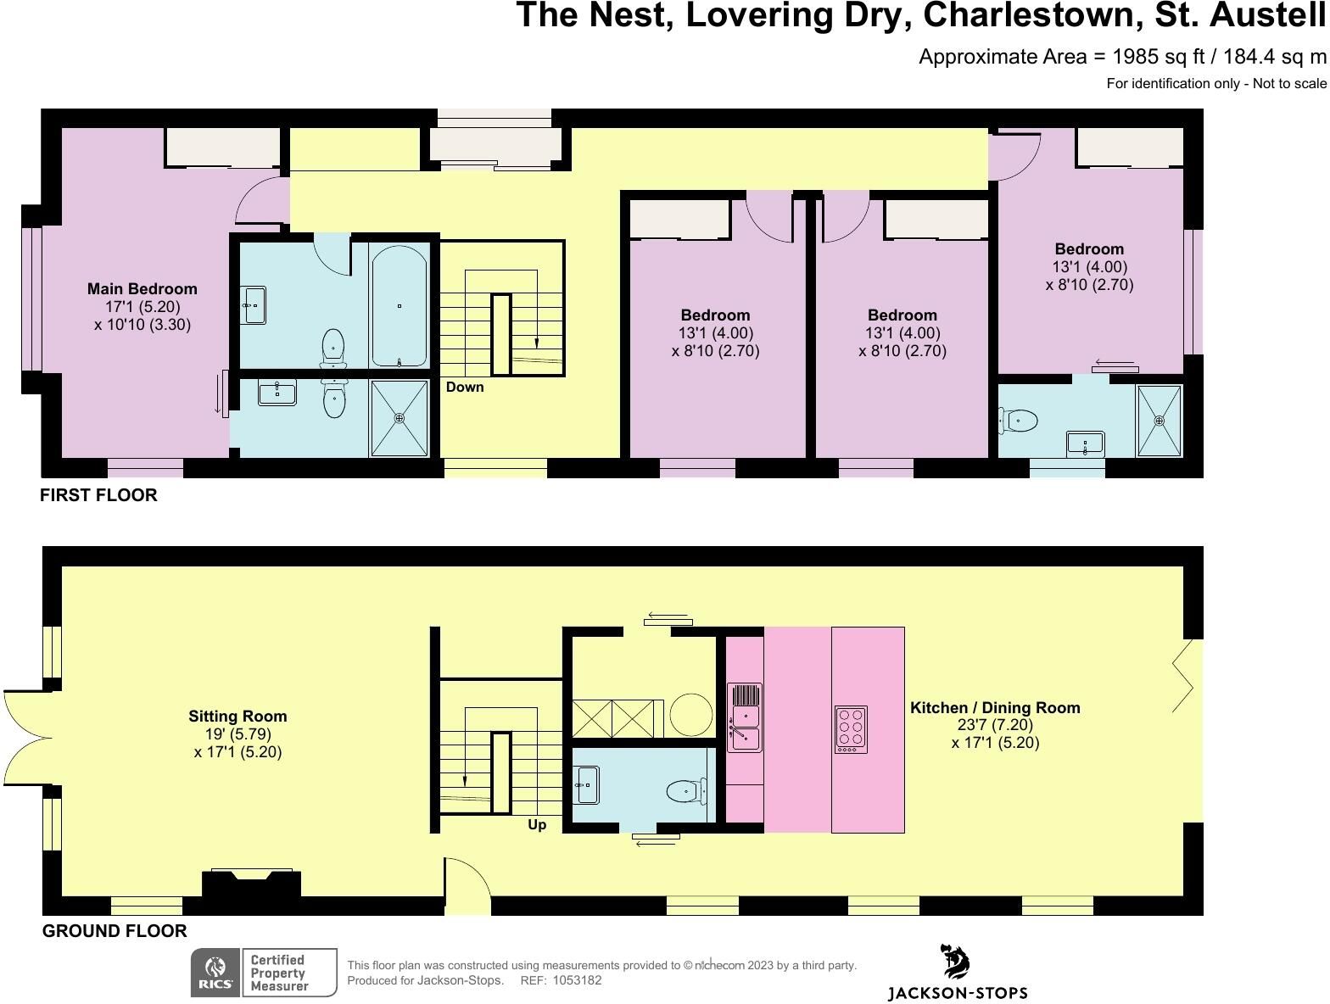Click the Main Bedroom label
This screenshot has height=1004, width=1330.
click(142, 289)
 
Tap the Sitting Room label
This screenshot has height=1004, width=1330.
click(237, 717)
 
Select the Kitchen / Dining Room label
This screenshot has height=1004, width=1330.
click(995, 708)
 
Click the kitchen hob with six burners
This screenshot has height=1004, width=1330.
click(851, 729)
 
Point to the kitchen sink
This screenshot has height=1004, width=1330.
click(745, 717)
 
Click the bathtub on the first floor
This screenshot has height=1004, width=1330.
click(399, 306)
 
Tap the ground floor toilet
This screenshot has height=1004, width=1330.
click(686, 791)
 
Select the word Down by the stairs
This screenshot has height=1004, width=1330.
click(465, 388)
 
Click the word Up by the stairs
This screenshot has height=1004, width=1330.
click(537, 825)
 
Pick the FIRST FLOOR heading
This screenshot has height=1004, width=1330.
click(98, 495)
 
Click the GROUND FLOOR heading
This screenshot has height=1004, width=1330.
click(115, 931)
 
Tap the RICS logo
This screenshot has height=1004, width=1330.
click(215, 973)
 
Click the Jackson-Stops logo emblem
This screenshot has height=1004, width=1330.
click(956, 962)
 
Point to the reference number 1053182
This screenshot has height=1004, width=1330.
click(577, 980)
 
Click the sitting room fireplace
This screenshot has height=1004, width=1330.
click(251, 883)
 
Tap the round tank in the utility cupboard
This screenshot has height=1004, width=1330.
click(690, 715)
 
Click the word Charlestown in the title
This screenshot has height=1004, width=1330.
click(1033, 15)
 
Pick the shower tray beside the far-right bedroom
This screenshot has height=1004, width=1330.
click(1160, 421)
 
